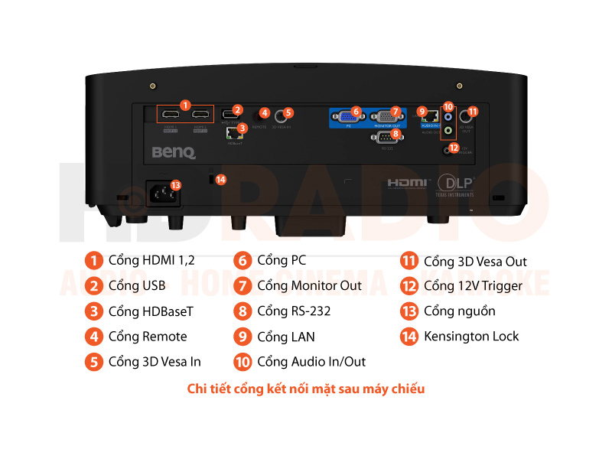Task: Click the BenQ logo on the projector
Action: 174,153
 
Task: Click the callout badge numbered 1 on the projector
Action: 185,104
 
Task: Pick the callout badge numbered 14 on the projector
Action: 221,180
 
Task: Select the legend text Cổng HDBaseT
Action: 151,311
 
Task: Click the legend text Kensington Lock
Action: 471,337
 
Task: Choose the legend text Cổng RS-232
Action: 294,311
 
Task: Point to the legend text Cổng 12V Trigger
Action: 473,286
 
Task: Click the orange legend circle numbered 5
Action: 93,362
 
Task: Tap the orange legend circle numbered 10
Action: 243,362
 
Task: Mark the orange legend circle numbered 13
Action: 409,311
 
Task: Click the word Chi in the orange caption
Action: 197,389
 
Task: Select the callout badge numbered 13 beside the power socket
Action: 175,185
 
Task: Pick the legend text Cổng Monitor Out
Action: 309,286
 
